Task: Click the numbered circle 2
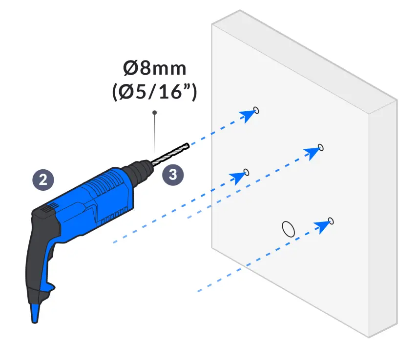click(43, 180)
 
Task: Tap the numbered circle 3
click(173, 175)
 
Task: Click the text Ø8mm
click(155, 68)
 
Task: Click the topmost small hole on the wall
click(256, 110)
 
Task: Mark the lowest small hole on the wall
click(331, 220)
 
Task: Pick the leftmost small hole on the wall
click(246, 172)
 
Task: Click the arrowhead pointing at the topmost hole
click(248, 115)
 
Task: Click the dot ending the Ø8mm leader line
click(155, 113)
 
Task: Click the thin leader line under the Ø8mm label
click(155, 132)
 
